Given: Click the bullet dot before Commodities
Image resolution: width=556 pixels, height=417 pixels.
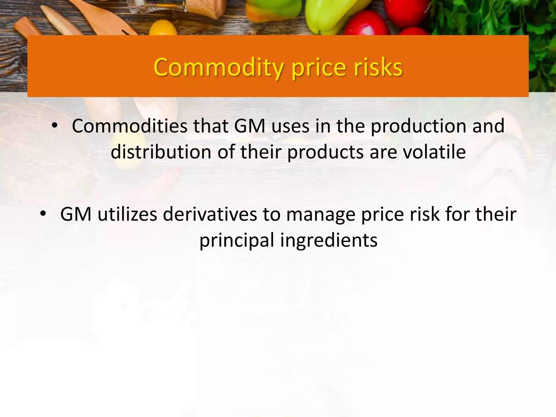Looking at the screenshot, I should point(55,125).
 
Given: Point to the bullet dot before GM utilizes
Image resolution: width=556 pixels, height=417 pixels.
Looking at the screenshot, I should point(43,214).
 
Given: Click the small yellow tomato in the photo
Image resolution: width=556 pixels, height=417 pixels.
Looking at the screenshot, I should point(163,28).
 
